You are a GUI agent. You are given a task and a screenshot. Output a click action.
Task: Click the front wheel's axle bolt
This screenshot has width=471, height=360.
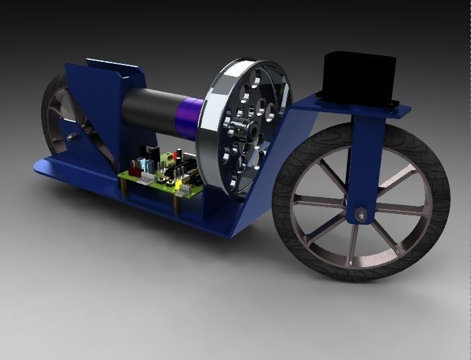click(362, 215)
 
